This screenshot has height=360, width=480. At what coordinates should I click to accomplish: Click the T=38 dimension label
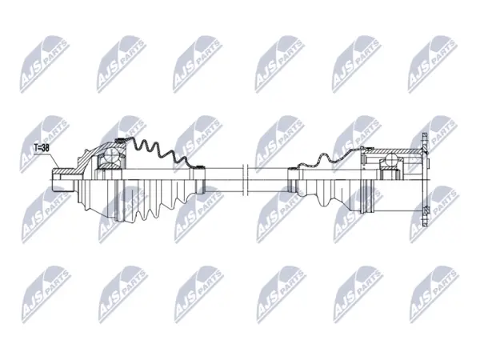coord(42,148)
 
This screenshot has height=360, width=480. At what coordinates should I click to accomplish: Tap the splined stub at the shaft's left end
coord(62,181)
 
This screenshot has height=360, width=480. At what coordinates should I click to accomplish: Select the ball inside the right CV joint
coord(391,159)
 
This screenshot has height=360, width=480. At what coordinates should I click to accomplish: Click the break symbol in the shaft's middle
coord(245,179)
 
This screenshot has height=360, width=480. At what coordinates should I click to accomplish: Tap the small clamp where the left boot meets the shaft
coord(200,167)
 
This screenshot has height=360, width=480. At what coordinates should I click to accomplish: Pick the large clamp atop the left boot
coord(121,141)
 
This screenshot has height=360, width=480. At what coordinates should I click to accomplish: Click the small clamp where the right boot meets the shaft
coord(293,168)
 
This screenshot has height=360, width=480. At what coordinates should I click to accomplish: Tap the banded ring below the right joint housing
coord(368,196)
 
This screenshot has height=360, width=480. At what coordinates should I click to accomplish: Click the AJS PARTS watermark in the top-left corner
coord(43,64)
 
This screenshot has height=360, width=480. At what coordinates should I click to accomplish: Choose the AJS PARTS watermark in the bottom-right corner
coord(434,294)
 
